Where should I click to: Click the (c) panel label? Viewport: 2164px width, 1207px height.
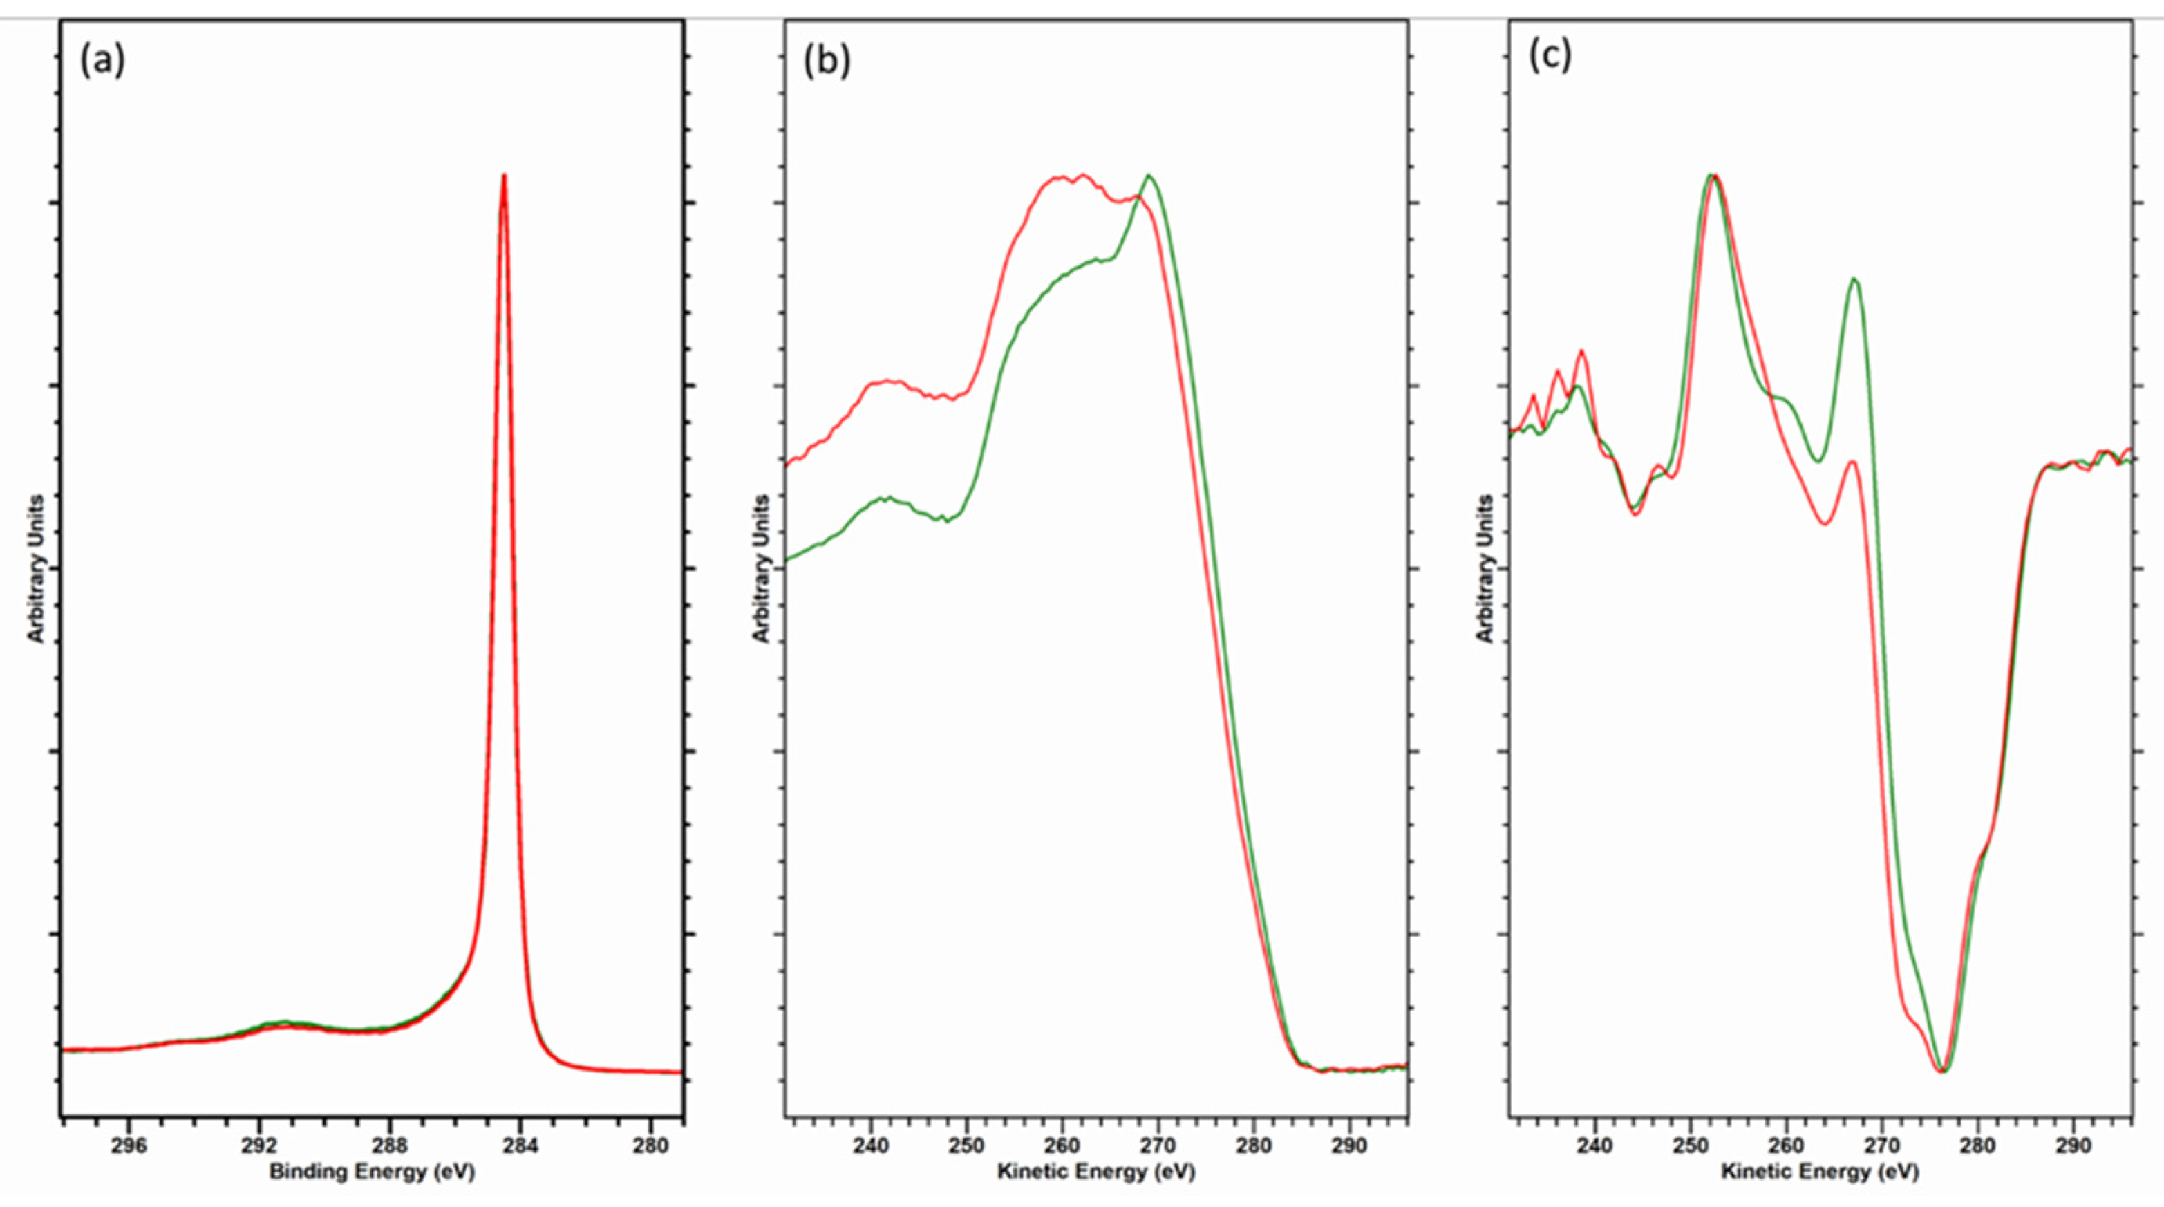(1550, 56)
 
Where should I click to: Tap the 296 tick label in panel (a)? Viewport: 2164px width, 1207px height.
(129, 1145)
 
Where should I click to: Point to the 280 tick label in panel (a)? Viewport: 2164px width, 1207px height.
(650, 1145)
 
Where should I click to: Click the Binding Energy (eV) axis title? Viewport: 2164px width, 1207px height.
(371, 1172)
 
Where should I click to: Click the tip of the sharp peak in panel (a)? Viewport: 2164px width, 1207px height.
(504, 176)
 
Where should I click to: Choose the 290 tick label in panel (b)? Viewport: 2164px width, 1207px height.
(1349, 1145)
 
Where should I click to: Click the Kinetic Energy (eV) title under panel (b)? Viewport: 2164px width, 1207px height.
(1095, 1172)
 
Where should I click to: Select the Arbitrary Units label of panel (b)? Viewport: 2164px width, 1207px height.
(761, 569)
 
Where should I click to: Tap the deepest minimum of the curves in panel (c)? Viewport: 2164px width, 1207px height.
(1942, 1070)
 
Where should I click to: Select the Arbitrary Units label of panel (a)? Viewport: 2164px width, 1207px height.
(35, 569)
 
